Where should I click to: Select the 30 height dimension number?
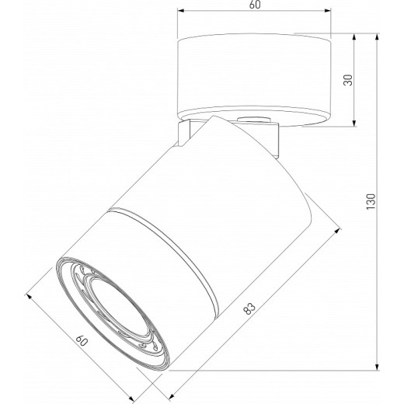pyautogui.click(x=349, y=80)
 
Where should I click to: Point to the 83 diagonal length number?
pyautogui.click(x=249, y=309)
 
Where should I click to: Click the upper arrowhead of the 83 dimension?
pyautogui.click(x=340, y=230)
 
